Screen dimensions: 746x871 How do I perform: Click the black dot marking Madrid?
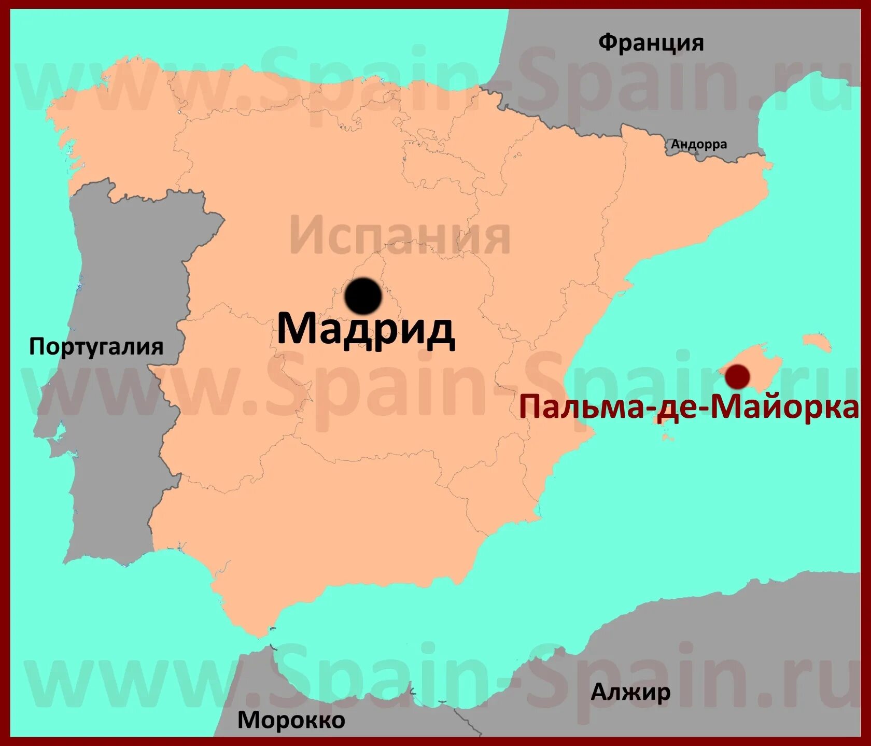click(363, 296)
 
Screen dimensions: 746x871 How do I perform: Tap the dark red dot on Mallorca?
click(737, 376)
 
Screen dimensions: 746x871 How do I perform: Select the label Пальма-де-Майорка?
click(689, 407)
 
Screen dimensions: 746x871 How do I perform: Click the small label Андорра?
click(699, 144)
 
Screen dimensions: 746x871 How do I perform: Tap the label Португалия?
click(96, 346)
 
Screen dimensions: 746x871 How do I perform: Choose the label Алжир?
click(630, 692)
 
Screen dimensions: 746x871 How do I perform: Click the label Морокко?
click(291, 720)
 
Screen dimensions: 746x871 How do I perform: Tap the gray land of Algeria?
click(726, 648)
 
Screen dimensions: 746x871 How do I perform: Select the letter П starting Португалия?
click(36, 346)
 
